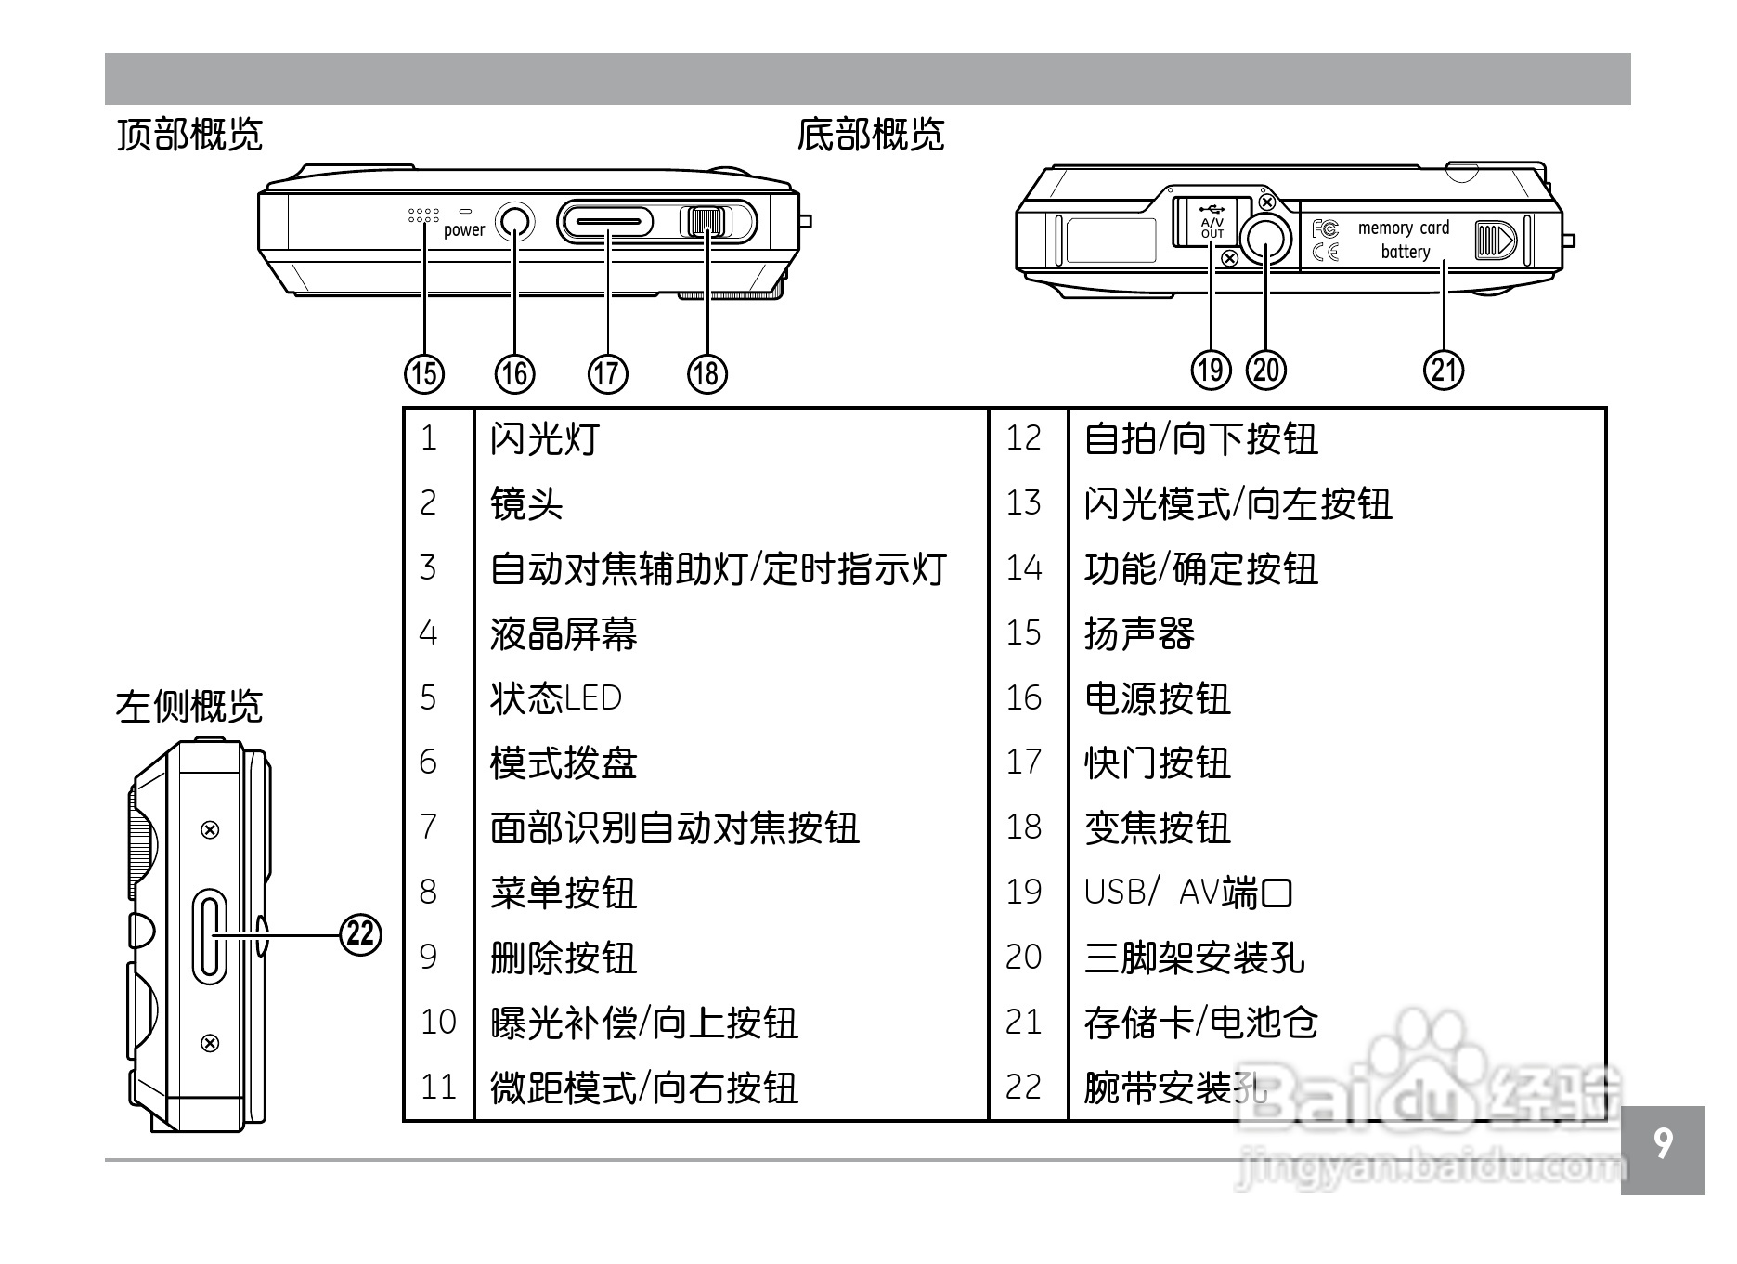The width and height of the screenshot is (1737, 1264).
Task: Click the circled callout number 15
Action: [x=423, y=373]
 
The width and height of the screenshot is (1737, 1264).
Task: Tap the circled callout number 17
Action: [x=607, y=373]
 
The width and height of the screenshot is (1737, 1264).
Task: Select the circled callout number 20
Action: [x=1266, y=370]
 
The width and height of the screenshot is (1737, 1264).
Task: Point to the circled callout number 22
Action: [x=360, y=933]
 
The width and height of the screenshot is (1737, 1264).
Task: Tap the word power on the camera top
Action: [x=464, y=229]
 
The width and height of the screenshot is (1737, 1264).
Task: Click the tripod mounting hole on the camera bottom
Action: [x=1266, y=241]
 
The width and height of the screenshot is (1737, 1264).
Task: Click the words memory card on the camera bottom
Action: [x=1403, y=228]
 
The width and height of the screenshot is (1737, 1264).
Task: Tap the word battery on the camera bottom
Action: [x=1405, y=252]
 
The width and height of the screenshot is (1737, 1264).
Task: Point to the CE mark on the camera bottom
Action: [x=1326, y=251]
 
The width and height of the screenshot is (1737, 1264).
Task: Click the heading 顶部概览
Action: [x=189, y=136]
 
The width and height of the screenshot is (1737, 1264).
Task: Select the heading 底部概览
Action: [x=870, y=136]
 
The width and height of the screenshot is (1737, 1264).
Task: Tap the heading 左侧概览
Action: [x=189, y=707]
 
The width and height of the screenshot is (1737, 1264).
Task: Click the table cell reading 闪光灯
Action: [x=545, y=438]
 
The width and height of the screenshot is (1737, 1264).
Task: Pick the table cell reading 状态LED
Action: [x=556, y=698]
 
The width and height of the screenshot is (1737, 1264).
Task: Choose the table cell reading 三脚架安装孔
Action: [x=1195, y=958]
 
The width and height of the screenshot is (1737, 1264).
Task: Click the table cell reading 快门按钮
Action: [x=1157, y=763]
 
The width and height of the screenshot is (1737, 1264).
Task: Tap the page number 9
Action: [x=1663, y=1144]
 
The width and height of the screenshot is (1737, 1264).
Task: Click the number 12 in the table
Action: [x=1024, y=438]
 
